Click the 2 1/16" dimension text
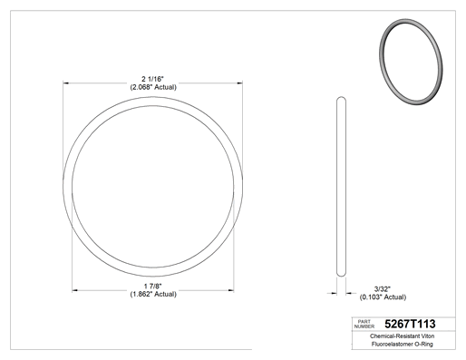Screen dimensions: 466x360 click(x=152, y=79)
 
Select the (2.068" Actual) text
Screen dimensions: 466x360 click(x=153, y=87)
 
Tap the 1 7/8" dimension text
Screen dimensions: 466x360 click(x=153, y=286)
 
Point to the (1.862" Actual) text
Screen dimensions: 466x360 click(x=153, y=294)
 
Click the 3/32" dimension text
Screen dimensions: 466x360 click(x=383, y=289)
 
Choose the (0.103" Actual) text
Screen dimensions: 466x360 click(x=383, y=297)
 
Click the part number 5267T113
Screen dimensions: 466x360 click(x=410, y=324)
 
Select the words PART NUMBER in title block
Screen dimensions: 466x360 click(x=364, y=324)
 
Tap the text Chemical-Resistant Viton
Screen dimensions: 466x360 click(x=402, y=336)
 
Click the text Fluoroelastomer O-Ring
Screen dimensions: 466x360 click(x=403, y=344)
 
